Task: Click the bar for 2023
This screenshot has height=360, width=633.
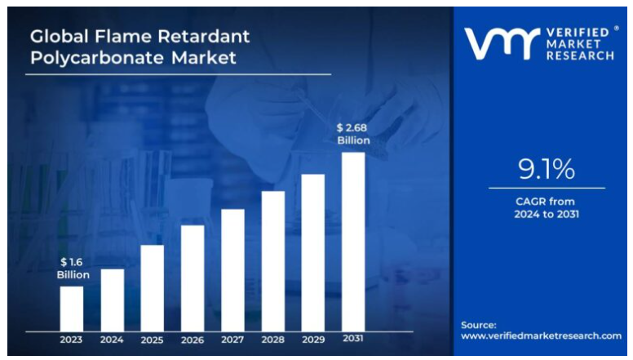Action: (x=72, y=308)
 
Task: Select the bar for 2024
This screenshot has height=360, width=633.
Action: (x=112, y=300)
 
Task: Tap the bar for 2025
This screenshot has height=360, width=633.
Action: (x=152, y=287)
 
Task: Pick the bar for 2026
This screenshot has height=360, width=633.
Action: (x=193, y=278)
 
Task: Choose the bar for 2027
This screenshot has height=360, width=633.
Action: (x=232, y=269)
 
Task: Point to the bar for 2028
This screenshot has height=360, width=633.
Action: (x=273, y=260)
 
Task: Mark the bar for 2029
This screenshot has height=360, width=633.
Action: (x=313, y=252)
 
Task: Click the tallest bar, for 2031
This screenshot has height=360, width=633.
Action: (x=353, y=242)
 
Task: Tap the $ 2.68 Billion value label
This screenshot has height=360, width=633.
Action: (x=353, y=134)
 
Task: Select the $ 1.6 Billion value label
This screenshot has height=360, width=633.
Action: (x=73, y=269)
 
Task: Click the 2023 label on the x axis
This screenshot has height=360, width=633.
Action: (x=72, y=340)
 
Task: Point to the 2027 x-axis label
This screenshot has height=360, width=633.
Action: (x=232, y=340)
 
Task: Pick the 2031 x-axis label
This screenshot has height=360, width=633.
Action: (x=353, y=339)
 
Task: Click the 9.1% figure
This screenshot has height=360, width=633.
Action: (x=546, y=169)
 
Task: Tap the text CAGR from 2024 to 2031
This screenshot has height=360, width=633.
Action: (x=546, y=207)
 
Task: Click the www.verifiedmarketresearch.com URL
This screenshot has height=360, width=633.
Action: (x=541, y=336)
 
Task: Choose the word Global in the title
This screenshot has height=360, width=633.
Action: (x=59, y=36)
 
